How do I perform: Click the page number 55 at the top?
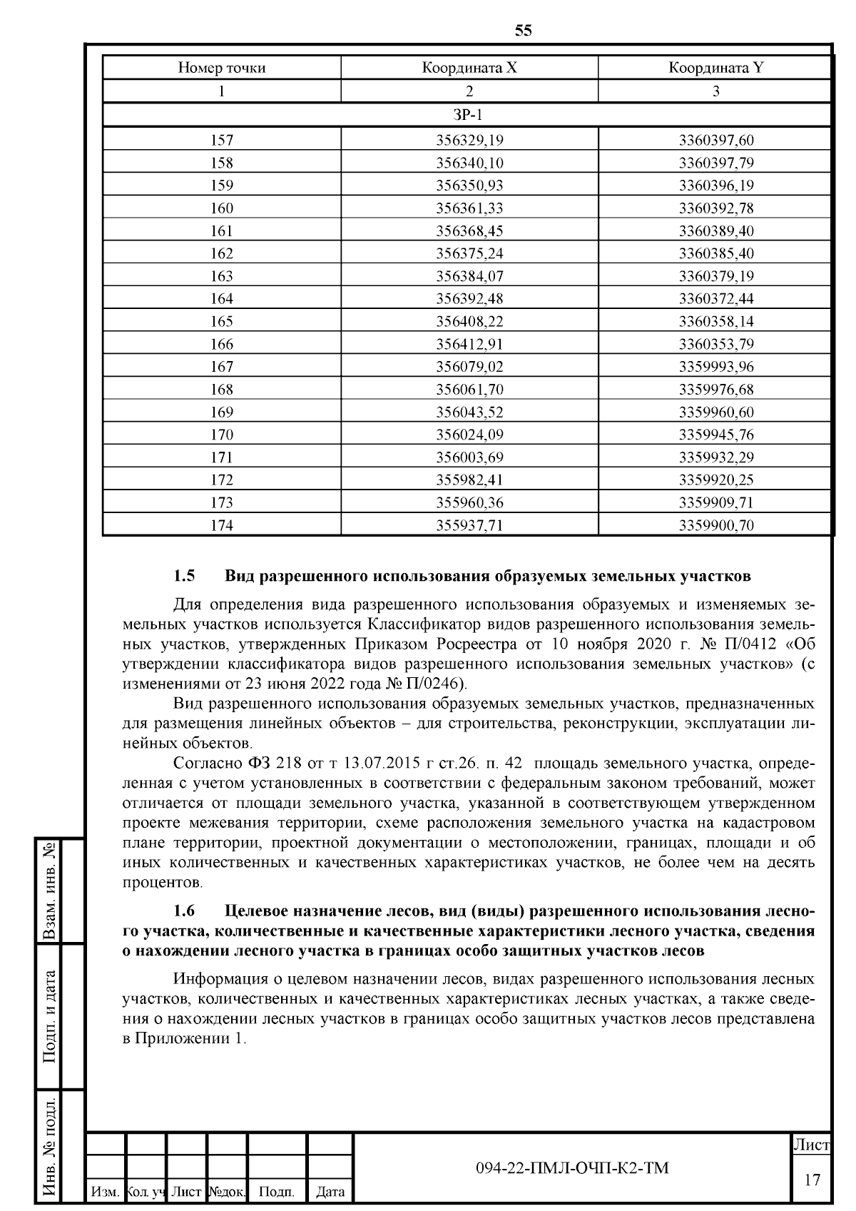[523, 30]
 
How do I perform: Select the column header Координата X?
[469, 69]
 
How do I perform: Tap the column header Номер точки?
[222, 69]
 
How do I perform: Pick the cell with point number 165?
[222, 322]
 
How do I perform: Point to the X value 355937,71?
[469, 526]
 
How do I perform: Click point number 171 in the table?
[222, 457]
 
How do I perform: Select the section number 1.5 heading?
[184, 575]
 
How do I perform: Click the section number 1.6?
[184, 911]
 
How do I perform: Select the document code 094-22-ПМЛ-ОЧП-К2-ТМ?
[572, 1168]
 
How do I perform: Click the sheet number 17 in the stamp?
[812, 1180]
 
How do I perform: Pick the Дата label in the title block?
[330, 1191]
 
